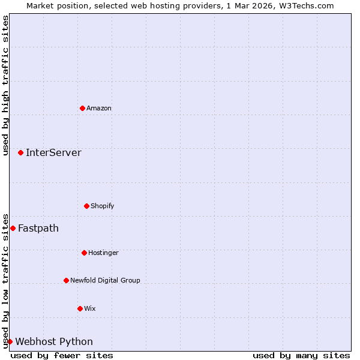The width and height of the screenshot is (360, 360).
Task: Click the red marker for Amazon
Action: (82, 108)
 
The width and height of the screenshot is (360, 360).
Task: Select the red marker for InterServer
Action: (20, 152)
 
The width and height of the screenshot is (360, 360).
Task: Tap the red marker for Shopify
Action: (86, 206)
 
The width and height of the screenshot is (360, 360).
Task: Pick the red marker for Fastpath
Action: (13, 228)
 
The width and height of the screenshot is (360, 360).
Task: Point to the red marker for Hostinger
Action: (84, 253)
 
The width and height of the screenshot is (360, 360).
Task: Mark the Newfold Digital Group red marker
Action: (66, 280)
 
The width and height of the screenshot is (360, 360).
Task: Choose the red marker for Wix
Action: (80, 308)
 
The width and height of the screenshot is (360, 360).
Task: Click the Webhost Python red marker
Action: (10, 341)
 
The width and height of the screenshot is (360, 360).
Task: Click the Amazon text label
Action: (99, 108)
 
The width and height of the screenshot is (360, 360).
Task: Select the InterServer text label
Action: (53, 152)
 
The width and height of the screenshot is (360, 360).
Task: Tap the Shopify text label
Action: (103, 206)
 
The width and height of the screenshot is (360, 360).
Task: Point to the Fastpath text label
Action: (38, 228)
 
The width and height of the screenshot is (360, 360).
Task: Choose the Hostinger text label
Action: (103, 253)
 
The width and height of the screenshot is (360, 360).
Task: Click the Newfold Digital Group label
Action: (105, 280)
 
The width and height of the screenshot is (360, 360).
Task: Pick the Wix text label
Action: (90, 308)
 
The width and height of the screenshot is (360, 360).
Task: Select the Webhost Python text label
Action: (54, 341)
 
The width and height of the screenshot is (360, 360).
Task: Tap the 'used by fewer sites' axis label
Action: (62, 355)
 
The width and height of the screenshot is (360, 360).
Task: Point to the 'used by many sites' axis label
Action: (301, 355)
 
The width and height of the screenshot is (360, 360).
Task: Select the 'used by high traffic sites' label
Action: (5, 85)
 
